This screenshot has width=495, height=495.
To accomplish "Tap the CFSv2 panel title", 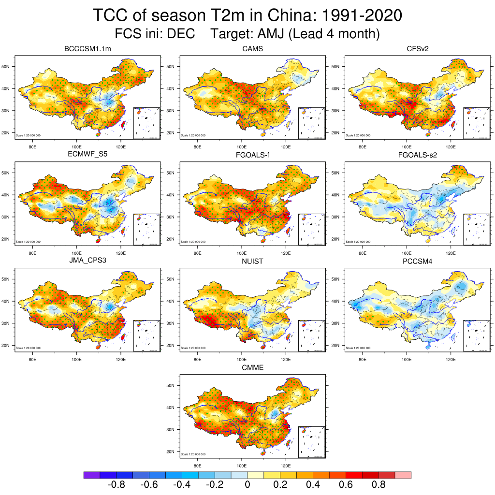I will click(417, 49).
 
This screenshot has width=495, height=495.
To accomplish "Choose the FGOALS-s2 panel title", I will click(417, 156).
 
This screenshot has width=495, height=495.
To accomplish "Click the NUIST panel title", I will click(252, 262).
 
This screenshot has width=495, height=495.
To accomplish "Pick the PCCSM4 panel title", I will click(417, 262).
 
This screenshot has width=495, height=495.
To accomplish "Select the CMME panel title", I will click(252, 368).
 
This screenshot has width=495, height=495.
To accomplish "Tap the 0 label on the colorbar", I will click(247, 485).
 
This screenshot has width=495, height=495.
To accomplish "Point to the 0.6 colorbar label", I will click(346, 485).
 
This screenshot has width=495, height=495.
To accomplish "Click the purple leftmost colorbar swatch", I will click(92, 475).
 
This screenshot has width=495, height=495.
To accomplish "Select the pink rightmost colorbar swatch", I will click(403, 475).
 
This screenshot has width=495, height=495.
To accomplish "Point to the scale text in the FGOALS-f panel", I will click(193, 242).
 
